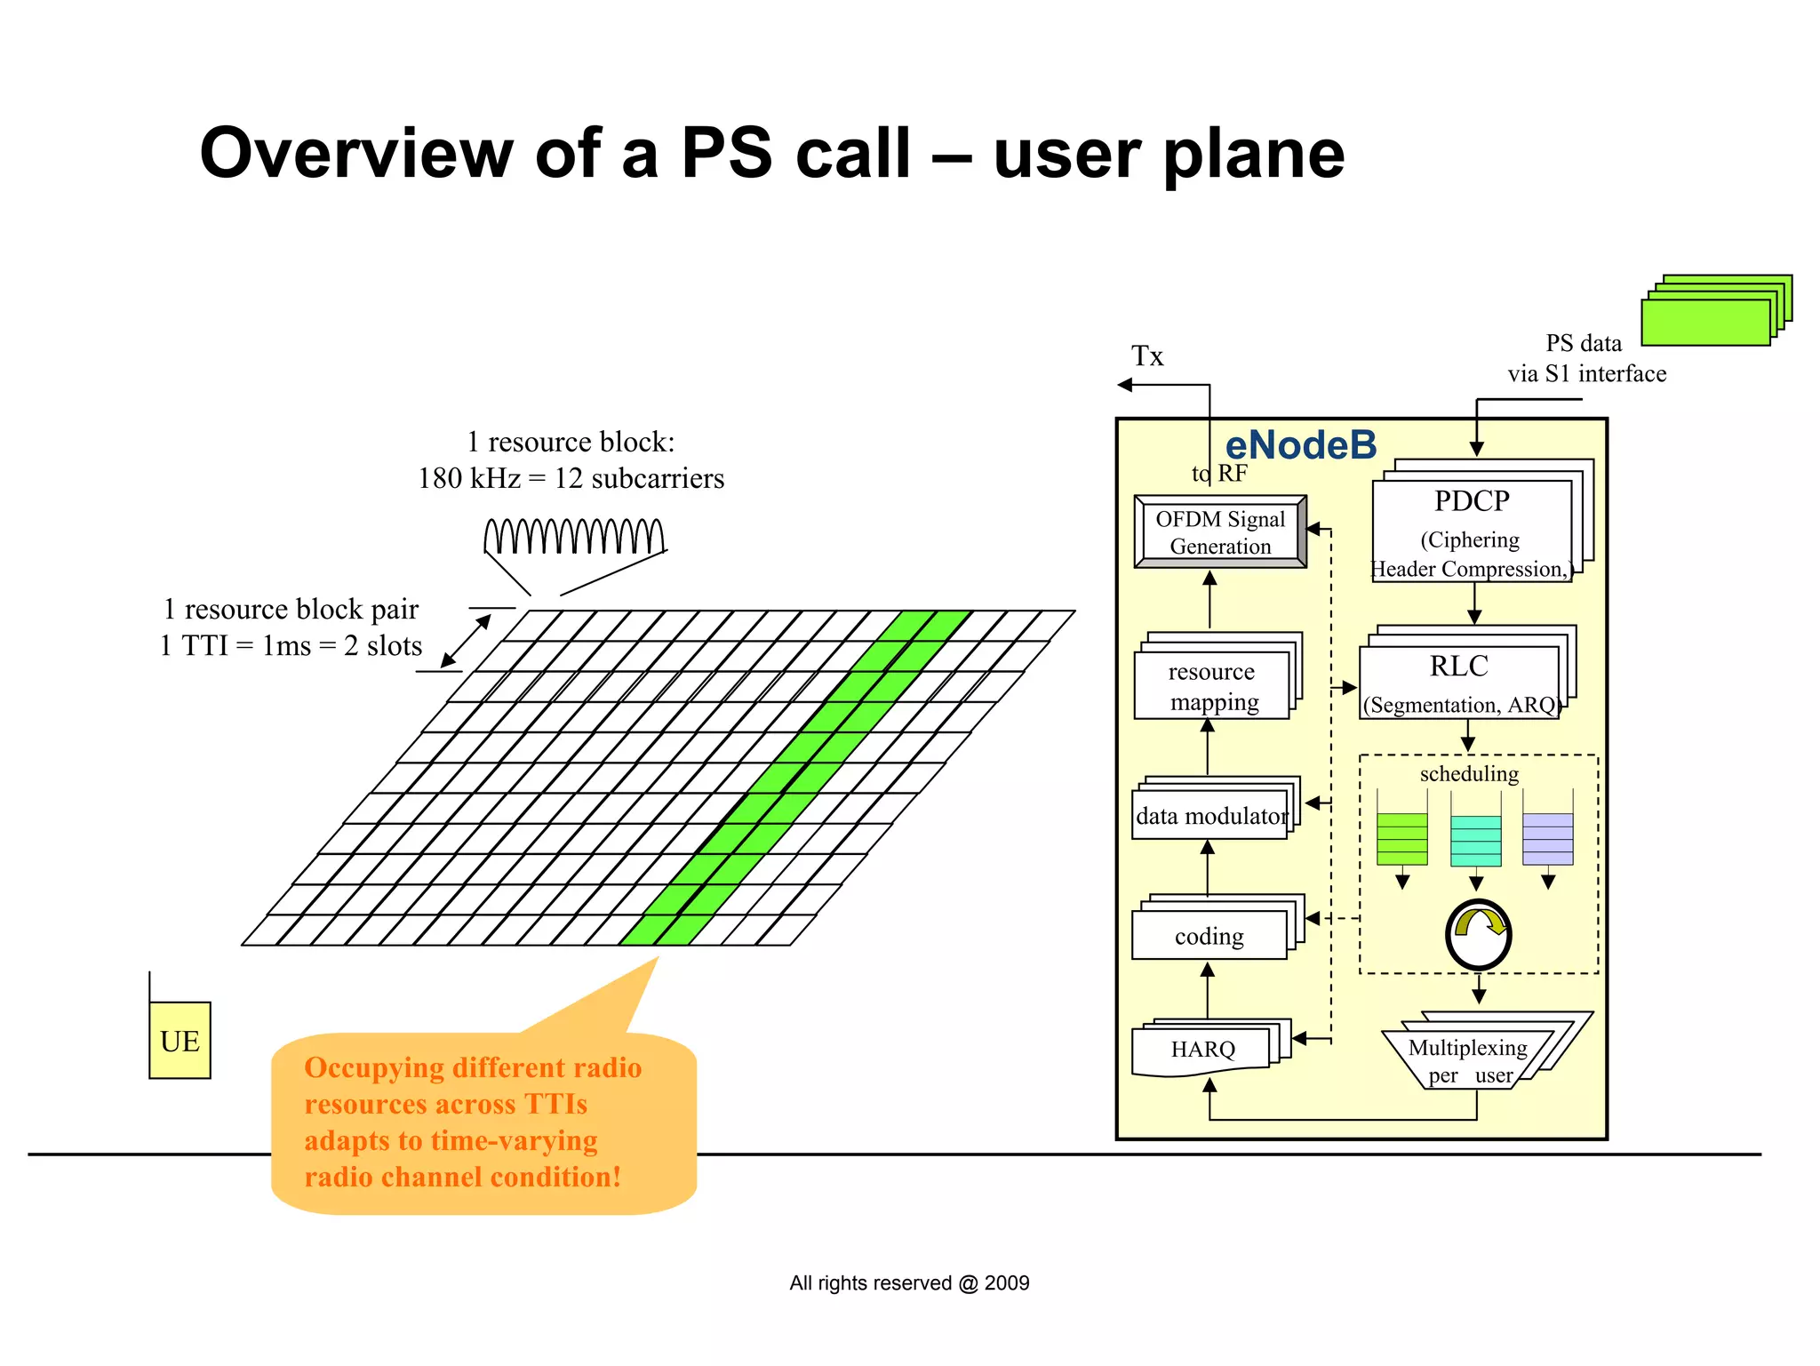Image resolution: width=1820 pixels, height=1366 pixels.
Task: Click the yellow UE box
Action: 180,1040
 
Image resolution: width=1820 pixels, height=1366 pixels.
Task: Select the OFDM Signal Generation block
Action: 1219,531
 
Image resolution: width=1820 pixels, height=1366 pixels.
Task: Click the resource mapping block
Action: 1212,685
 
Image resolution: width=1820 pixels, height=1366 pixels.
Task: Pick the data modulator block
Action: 1210,815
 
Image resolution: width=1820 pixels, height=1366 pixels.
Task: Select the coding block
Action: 1209,935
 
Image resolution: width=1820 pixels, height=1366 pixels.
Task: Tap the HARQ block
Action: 1202,1049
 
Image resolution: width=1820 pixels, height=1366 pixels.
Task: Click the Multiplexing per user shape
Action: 1468,1059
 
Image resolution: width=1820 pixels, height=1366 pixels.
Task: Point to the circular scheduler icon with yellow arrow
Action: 1478,935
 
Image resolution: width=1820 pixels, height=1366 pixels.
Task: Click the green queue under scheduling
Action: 1401,838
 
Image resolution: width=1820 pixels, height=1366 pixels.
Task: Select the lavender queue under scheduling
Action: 1547,838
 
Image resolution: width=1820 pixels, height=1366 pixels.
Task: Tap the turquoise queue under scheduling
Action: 1475,840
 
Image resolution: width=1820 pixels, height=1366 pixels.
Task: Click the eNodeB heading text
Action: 1300,445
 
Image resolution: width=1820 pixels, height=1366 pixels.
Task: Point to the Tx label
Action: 1146,356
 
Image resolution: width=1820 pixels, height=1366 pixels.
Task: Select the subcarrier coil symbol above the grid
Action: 574,536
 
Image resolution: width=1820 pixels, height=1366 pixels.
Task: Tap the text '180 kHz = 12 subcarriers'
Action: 571,478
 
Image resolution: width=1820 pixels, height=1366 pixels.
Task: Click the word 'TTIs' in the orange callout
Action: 555,1104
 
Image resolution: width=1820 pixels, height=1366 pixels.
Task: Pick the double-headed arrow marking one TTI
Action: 466,641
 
